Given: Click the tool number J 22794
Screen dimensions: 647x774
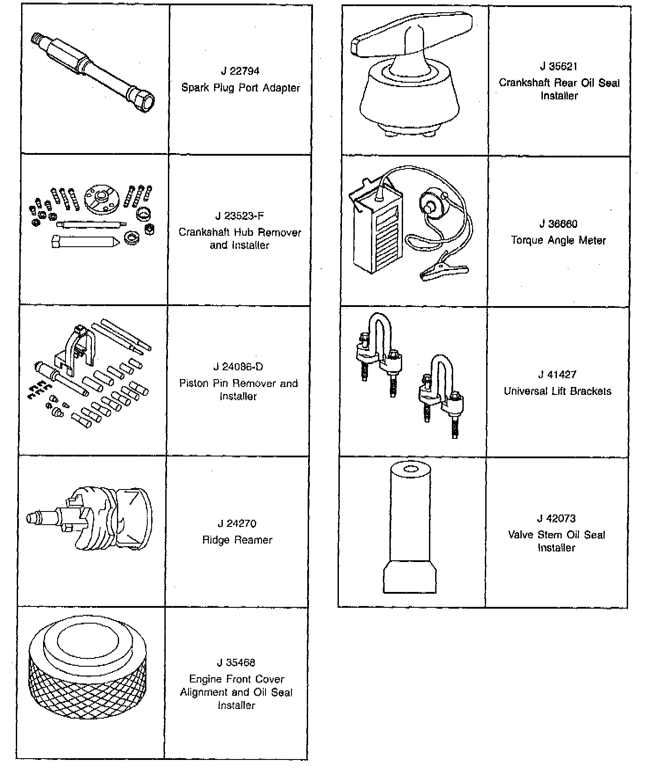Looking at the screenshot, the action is pyautogui.click(x=240, y=71).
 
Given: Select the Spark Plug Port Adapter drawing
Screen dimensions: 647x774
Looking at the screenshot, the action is pyautogui.click(x=93, y=73).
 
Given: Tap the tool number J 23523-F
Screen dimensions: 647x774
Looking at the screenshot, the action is pyautogui.click(x=240, y=216).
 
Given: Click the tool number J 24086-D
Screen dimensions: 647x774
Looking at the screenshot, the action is pyautogui.click(x=238, y=367).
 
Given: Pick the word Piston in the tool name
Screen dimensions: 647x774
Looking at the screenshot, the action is pyautogui.click(x=194, y=383).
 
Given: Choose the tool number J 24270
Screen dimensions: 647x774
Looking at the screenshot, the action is pyautogui.click(x=237, y=523).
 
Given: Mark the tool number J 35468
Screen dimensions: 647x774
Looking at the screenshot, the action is pyautogui.click(x=236, y=663).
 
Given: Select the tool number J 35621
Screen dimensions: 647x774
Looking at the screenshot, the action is pyautogui.click(x=559, y=66).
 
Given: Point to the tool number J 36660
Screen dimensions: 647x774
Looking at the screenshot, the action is pyautogui.click(x=558, y=224).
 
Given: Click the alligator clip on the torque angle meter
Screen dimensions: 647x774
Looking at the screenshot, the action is pyautogui.click(x=444, y=271).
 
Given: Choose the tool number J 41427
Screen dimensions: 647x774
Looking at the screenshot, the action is pyautogui.click(x=557, y=375).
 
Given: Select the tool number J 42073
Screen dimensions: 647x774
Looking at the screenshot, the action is pyautogui.click(x=556, y=518).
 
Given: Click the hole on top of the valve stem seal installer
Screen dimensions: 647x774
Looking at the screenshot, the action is pyautogui.click(x=410, y=469).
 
